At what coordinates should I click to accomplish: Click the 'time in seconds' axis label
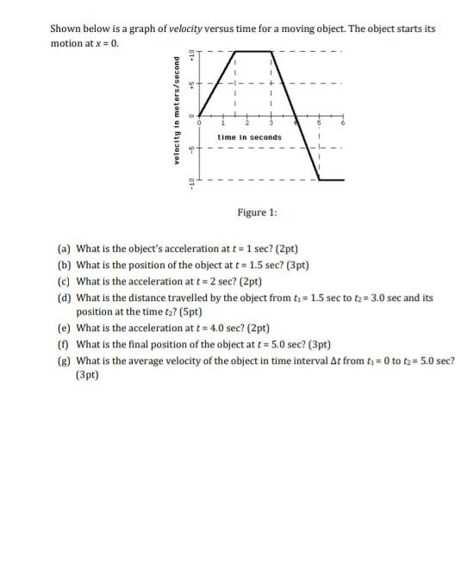(249, 137)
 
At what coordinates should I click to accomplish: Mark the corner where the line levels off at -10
(320, 179)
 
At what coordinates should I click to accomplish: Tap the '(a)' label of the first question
(64, 247)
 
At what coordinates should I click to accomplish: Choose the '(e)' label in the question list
(64, 329)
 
